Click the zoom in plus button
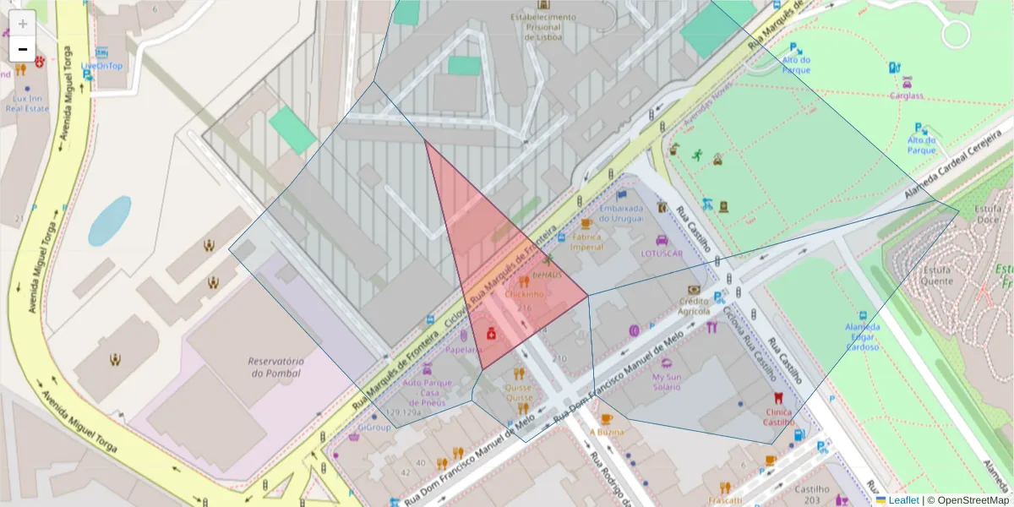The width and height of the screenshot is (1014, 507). pyautogui.click(x=23, y=24)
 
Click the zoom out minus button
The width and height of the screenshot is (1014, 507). pyautogui.click(x=23, y=49)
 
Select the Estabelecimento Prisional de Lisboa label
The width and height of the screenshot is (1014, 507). pyautogui.click(x=542, y=26)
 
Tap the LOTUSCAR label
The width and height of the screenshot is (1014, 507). pyautogui.click(x=661, y=253)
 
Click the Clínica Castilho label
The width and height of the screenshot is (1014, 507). pyautogui.click(x=778, y=416)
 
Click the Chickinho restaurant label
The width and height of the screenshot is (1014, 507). pyautogui.click(x=525, y=295)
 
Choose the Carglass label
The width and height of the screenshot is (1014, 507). pyautogui.click(x=906, y=95)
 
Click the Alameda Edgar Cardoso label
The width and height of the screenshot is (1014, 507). pyautogui.click(x=863, y=336)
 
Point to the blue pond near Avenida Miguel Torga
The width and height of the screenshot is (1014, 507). pyautogui.click(x=110, y=220)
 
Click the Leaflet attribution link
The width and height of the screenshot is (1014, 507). pyautogui.click(x=903, y=499)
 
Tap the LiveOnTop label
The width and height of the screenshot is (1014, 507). pyautogui.click(x=101, y=66)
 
